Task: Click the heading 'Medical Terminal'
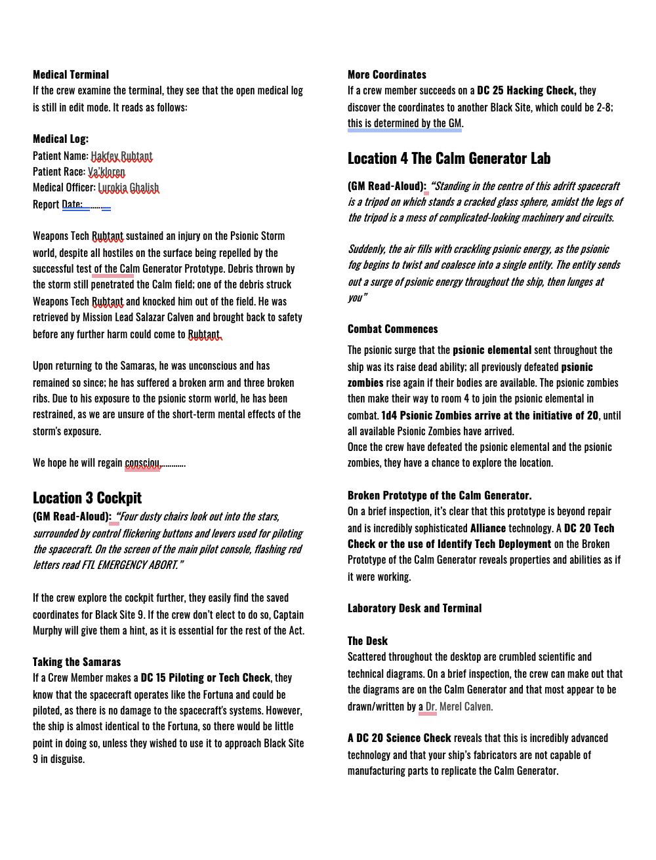click(71, 75)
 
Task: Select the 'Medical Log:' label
click(60, 139)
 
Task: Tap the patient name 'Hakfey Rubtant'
click(121, 156)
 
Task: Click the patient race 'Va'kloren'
click(106, 172)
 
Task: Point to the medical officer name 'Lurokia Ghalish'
click(129, 188)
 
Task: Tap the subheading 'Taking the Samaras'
click(77, 662)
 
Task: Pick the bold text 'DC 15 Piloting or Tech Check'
click(205, 678)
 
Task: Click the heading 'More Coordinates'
click(387, 75)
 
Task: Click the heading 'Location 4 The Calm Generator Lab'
click(449, 159)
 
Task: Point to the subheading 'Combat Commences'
click(392, 329)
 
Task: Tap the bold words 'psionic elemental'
click(492, 350)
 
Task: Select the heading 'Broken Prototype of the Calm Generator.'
click(440, 496)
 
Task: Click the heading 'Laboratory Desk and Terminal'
click(415, 608)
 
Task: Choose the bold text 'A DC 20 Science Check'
click(400, 738)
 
